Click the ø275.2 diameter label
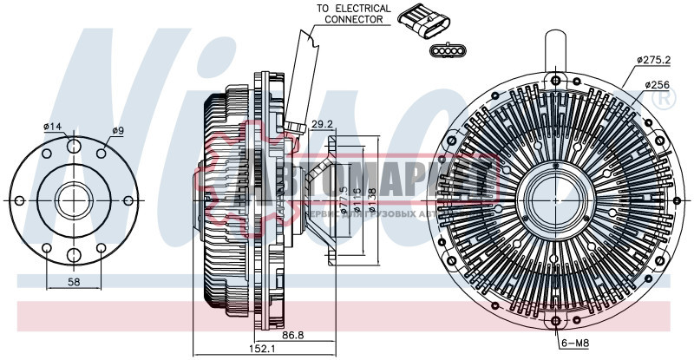[x=653, y=60]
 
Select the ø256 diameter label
[x=658, y=85]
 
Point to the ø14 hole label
[x=54, y=128]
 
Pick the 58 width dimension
[x=75, y=283]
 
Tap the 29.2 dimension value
[x=323, y=125]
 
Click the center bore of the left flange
[x=74, y=200]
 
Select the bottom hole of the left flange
[x=74, y=255]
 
